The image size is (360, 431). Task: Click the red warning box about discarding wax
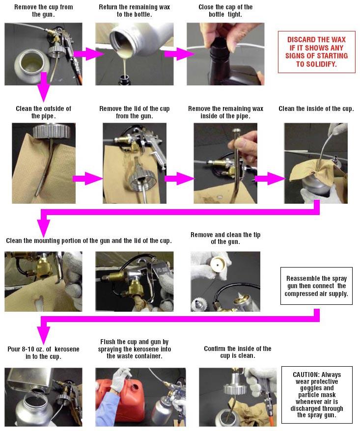pyautogui.click(x=317, y=52)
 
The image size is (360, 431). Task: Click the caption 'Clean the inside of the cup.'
pyautogui.click(x=316, y=109)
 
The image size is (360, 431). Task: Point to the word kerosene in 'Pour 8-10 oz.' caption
pyautogui.click(x=67, y=349)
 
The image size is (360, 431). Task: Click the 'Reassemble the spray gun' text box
pyautogui.click(x=316, y=286)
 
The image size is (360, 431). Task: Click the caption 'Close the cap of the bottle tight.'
pyautogui.click(x=225, y=11)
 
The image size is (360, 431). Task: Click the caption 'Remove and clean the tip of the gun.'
pyautogui.click(x=225, y=238)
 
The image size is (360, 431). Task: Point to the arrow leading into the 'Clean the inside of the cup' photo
pyautogui.click(x=270, y=179)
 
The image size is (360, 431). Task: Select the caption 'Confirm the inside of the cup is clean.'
pyautogui.click(x=238, y=352)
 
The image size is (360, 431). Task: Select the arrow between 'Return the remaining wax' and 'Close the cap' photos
pyautogui.click(x=179, y=54)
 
